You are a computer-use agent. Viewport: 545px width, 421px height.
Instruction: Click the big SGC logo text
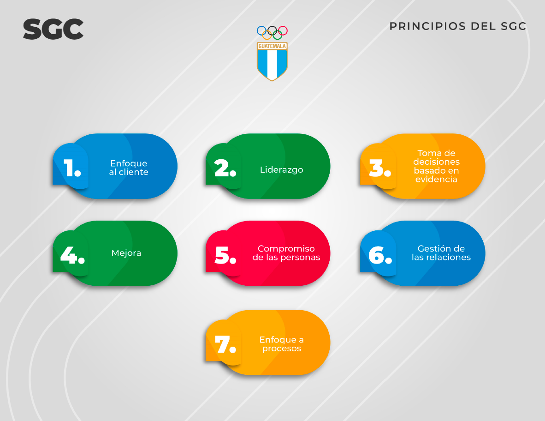coord(53,29)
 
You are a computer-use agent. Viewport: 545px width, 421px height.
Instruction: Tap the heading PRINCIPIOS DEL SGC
coord(458,26)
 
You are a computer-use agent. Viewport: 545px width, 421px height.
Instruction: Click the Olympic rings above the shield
coord(272,33)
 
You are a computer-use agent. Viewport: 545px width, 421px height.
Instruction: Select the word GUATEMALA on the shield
coord(272,46)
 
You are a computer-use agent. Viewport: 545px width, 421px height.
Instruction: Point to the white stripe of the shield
coord(272,64)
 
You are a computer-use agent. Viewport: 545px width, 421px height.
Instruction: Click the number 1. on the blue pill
coord(72,168)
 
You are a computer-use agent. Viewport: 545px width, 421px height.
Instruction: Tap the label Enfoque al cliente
coord(129,168)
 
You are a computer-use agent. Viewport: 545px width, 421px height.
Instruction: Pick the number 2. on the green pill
coord(225,168)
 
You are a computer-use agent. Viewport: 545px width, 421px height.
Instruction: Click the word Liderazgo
coord(282,170)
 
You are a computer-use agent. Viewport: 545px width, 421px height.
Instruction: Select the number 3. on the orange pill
coord(380,168)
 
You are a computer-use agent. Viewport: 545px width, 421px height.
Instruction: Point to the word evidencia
coord(436,179)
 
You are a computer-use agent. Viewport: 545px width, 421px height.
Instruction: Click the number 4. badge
coord(72,255)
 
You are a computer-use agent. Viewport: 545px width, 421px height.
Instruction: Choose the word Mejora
coord(126,253)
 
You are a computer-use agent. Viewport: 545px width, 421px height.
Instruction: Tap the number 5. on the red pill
coord(225,255)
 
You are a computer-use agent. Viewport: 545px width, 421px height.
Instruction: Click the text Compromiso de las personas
coord(286,253)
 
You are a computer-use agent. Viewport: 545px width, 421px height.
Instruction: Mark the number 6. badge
coord(380,255)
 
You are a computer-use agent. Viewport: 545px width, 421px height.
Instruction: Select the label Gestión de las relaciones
coord(441,253)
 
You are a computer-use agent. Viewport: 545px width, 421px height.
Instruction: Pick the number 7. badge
coord(225,344)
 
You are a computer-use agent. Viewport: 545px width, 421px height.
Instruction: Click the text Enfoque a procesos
coord(282,344)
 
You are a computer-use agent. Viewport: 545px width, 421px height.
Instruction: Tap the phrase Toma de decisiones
coord(436,157)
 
